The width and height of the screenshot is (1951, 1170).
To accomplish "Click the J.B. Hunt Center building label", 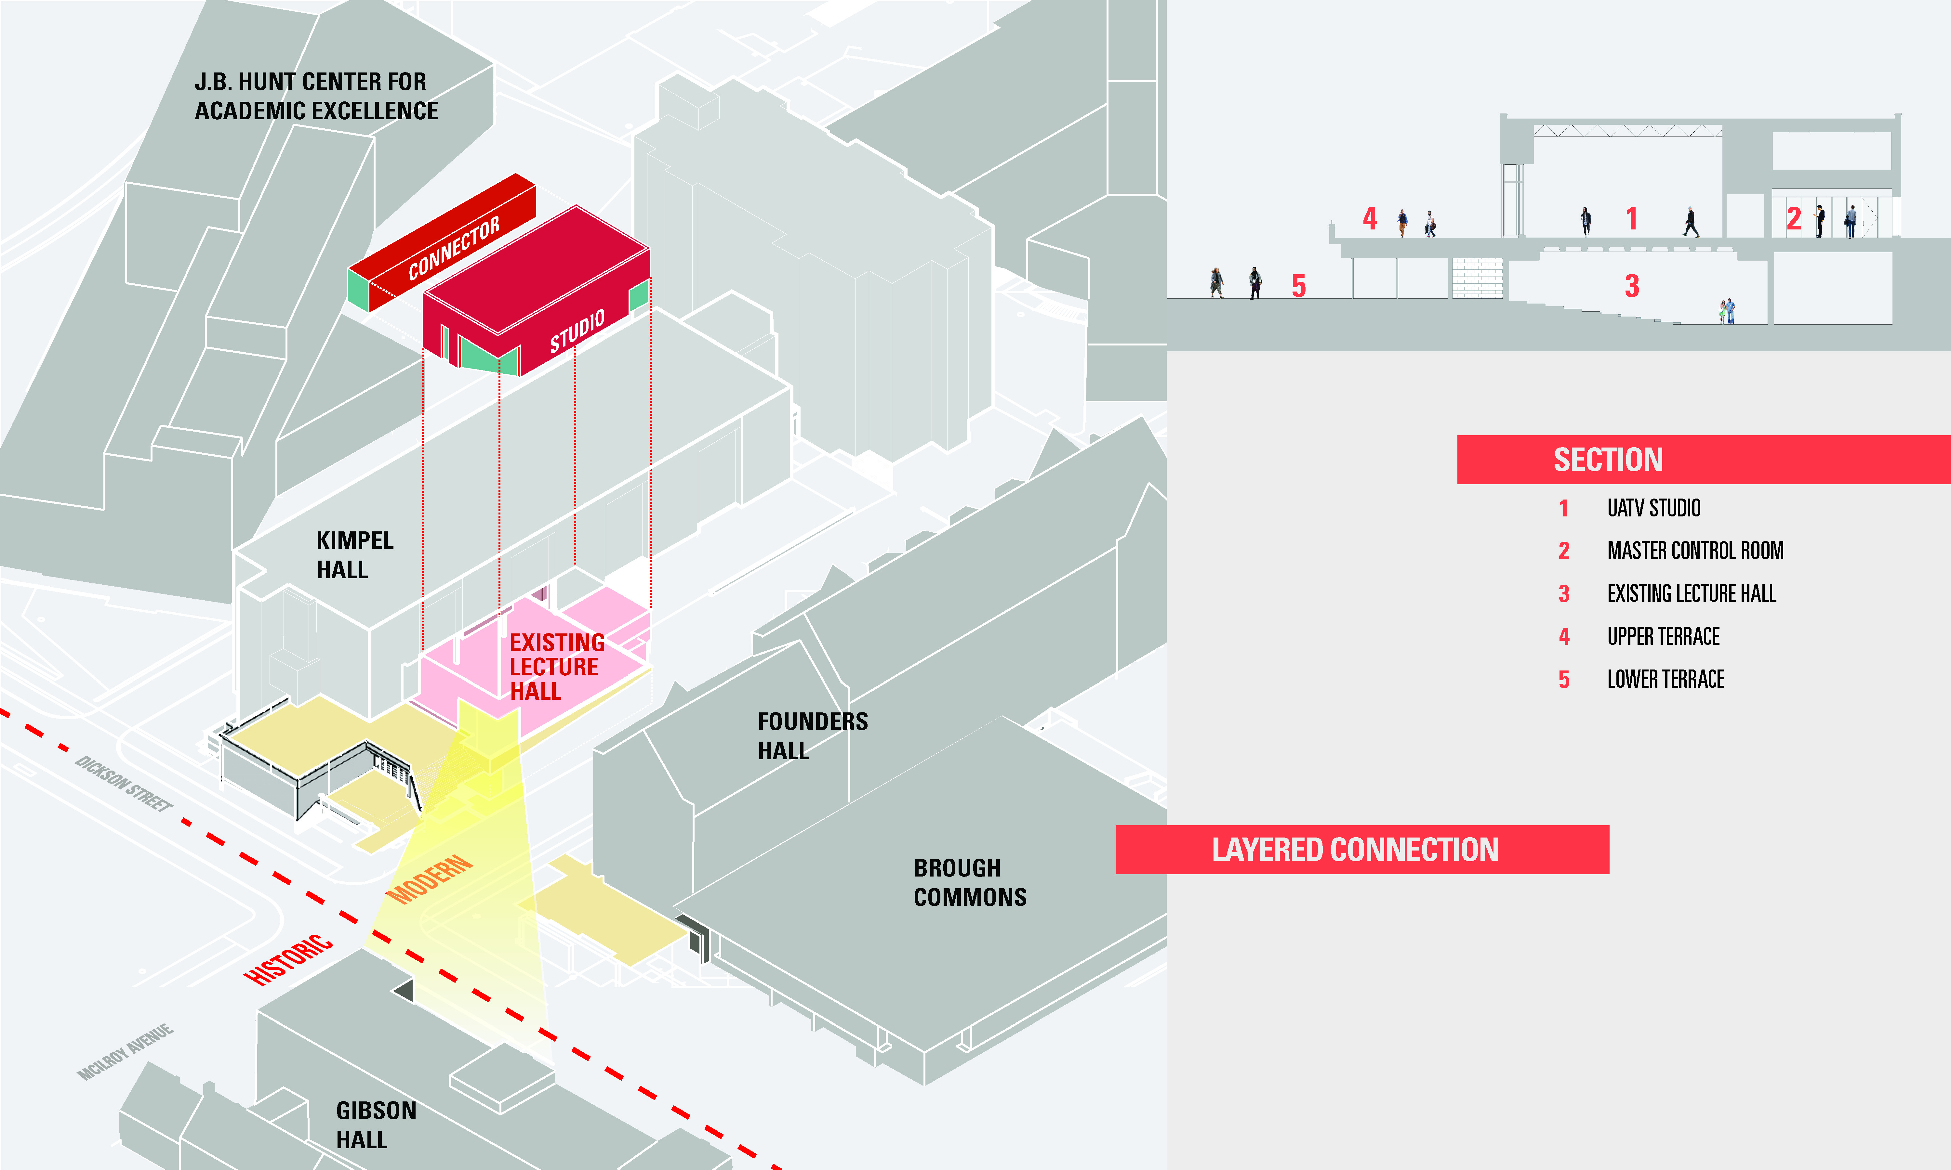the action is tap(316, 96).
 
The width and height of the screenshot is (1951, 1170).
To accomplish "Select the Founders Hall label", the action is tap(812, 735).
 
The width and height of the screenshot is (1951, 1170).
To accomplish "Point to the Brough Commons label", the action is tap(970, 882).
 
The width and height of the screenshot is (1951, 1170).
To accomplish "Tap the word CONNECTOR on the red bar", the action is tap(454, 248).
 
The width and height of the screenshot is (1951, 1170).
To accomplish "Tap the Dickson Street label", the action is tap(124, 784).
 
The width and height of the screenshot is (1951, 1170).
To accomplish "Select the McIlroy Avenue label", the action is tap(126, 1052).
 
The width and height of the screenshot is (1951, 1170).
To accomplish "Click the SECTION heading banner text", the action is tap(1608, 460).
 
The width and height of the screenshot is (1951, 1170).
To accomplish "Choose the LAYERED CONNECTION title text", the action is tap(1355, 850).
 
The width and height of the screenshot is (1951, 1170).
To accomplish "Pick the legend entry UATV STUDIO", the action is tap(1654, 508).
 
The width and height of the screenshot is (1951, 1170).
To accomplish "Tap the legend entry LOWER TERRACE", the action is tap(1666, 679).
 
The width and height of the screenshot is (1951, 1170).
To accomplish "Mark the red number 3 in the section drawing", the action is tap(1632, 285).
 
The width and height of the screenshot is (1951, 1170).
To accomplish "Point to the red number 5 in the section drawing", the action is tap(1299, 285).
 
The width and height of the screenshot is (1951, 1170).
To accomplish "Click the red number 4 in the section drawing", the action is tap(1370, 218).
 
